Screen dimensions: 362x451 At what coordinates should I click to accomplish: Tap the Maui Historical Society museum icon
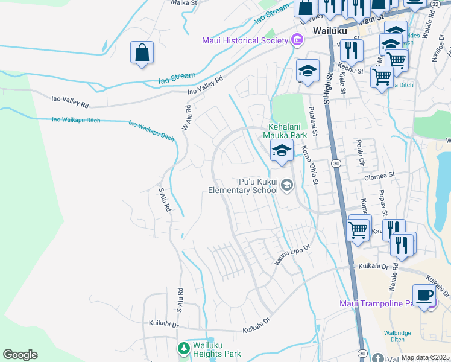tap(297, 40)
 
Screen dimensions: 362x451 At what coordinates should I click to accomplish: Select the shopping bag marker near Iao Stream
tap(142, 52)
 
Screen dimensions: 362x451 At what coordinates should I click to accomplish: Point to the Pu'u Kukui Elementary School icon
tap(286, 186)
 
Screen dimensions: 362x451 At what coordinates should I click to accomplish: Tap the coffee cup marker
tap(424, 295)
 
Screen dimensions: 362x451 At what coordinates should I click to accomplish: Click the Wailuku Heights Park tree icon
tap(183, 349)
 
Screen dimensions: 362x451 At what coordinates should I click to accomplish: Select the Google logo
tap(20, 355)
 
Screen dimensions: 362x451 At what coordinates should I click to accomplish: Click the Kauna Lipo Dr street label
tap(292, 254)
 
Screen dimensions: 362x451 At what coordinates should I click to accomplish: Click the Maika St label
tap(184, 3)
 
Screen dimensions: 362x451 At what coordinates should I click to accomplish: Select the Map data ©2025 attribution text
tap(426, 357)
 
